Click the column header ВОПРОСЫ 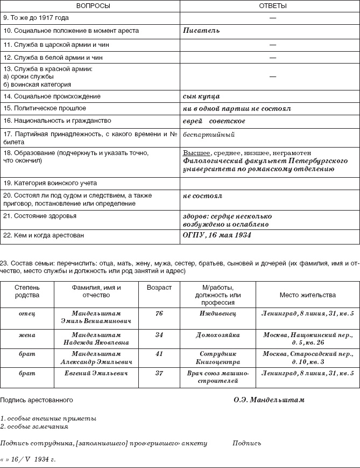(x=90, y=6)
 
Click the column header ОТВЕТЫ (x=270, y=6)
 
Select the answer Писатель (x=201, y=31)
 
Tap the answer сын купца (x=201, y=96)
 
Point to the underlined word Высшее (x=196, y=153)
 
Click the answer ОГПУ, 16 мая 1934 (x=217, y=235)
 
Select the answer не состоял (x=203, y=196)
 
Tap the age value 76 (x=159, y=313)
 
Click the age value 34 (x=159, y=335)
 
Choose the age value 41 (x=159, y=354)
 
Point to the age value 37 (x=159, y=373)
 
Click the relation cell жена (x=27, y=335)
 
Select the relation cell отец (x=27, y=313)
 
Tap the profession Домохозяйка (x=218, y=335)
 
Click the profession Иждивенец (x=218, y=313)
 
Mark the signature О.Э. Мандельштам (x=269, y=400)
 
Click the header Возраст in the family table (x=159, y=288)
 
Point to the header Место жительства (x=307, y=295)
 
